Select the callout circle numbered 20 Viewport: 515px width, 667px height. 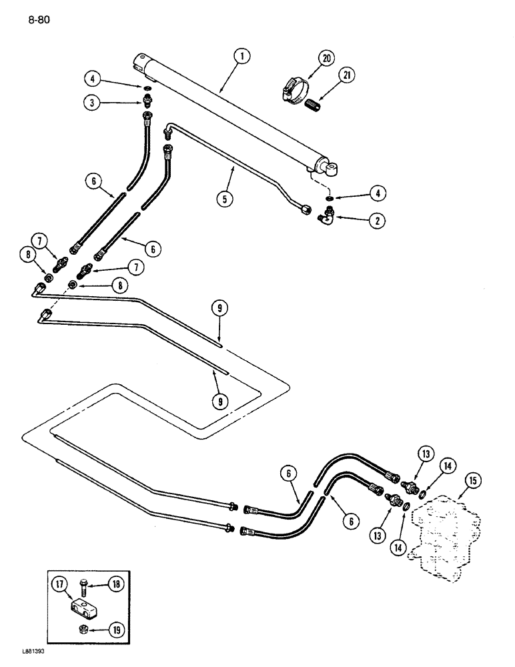tap(326, 59)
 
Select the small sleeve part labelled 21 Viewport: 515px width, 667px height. tap(314, 105)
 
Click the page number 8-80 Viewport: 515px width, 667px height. tap(39, 19)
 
